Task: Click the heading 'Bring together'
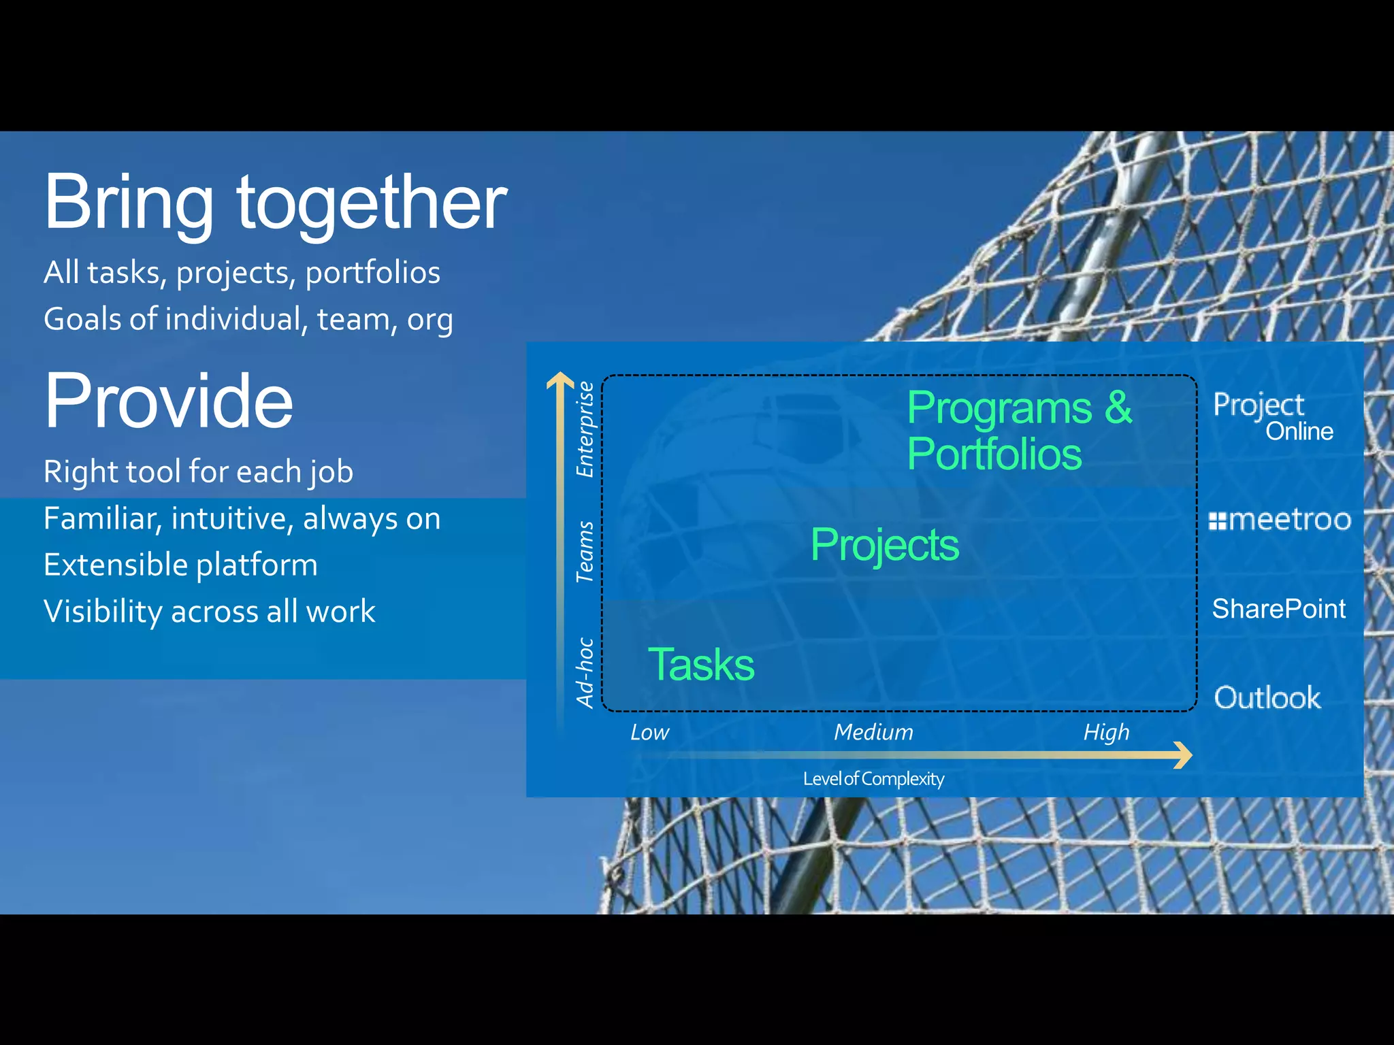[x=276, y=202]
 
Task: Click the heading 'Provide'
[x=169, y=401]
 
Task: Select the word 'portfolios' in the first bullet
[x=372, y=273]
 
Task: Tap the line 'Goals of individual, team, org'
[x=248, y=319]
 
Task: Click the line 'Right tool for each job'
[x=198, y=471]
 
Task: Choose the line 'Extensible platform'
[x=180, y=565]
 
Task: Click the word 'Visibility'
[x=102, y=611]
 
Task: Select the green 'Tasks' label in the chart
[x=701, y=664]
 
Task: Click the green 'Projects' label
[x=884, y=545]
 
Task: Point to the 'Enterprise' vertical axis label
[x=585, y=429]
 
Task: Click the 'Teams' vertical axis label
[x=585, y=552]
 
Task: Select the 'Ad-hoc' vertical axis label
[x=585, y=673]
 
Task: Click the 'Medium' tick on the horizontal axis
[x=873, y=732]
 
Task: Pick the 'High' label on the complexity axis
[x=1106, y=732]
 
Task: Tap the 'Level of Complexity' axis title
[x=873, y=778]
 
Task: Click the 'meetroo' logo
[x=1280, y=520]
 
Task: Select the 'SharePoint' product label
[x=1278, y=609]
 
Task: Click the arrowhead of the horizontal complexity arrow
[x=1183, y=755]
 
